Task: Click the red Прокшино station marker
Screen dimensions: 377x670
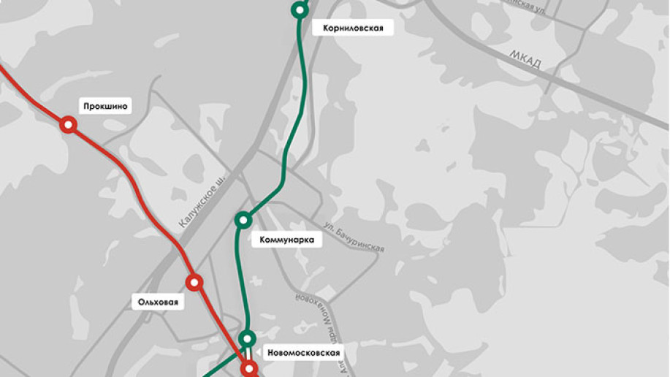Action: pyautogui.click(x=68, y=125)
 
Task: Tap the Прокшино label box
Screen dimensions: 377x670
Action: pyautogui.click(x=106, y=107)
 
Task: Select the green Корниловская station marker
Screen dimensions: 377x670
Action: pyautogui.click(x=299, y=9)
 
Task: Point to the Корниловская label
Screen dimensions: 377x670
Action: pyautogui.click(x=353, y=28)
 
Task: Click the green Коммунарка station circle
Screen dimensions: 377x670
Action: pyautogui.click(x=243, y=219)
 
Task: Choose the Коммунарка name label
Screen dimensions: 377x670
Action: pyautogui.click(x=286, y=240)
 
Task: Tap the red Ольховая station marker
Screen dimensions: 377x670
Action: pyautogui.click(x=194, y=282)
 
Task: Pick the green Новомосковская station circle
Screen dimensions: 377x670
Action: pyautogui.click(x=248, y=338)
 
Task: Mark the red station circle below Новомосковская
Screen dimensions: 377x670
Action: pyautogui.click(x=249, y=368)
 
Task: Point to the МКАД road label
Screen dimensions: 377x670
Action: pyautogui.click(x=525, y=61)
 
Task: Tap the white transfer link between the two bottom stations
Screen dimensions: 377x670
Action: pyautogui.click(x=248, y=354)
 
